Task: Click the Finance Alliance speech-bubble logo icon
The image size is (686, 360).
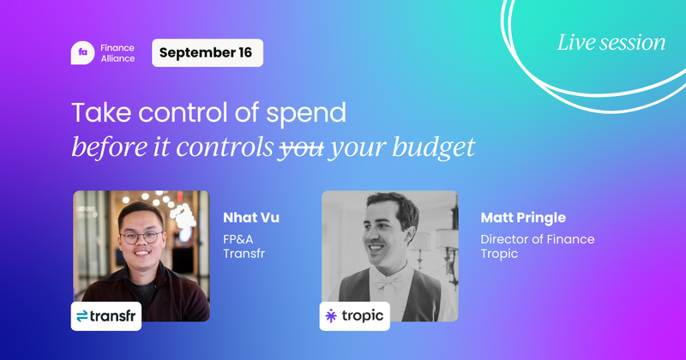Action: (82, 53)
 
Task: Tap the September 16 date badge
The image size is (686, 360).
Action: (207, 53)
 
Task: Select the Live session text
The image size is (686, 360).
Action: (611, 42)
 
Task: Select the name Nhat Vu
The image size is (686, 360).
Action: (250, 218)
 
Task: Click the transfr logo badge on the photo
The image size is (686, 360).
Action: (106, 316)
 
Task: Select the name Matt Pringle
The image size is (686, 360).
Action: (523, 218)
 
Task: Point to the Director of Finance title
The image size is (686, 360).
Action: (537, 239)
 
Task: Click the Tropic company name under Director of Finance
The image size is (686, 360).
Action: (501, 255)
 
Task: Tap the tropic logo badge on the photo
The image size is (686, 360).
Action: (355, 316)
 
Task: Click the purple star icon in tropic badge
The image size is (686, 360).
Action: (333, 316)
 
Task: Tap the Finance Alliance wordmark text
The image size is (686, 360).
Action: (118, 53)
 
